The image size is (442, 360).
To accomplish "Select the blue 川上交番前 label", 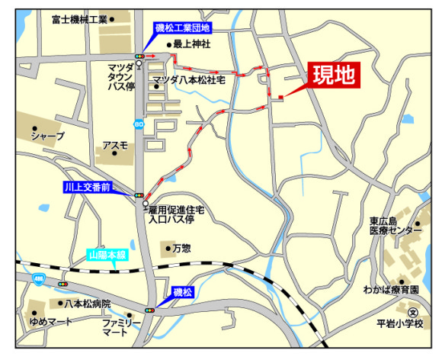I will (88, 186).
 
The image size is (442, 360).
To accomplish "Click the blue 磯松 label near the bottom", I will (183, 292).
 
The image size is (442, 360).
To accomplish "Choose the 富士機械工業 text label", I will (79, 18).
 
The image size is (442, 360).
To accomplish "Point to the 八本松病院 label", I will (87, 304).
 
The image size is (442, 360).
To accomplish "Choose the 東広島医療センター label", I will (396, 225).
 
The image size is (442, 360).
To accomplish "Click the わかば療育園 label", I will (391, 291).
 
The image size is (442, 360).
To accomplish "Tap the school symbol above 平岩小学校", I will (412, 312).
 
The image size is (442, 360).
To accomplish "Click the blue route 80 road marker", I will (138, 124).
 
